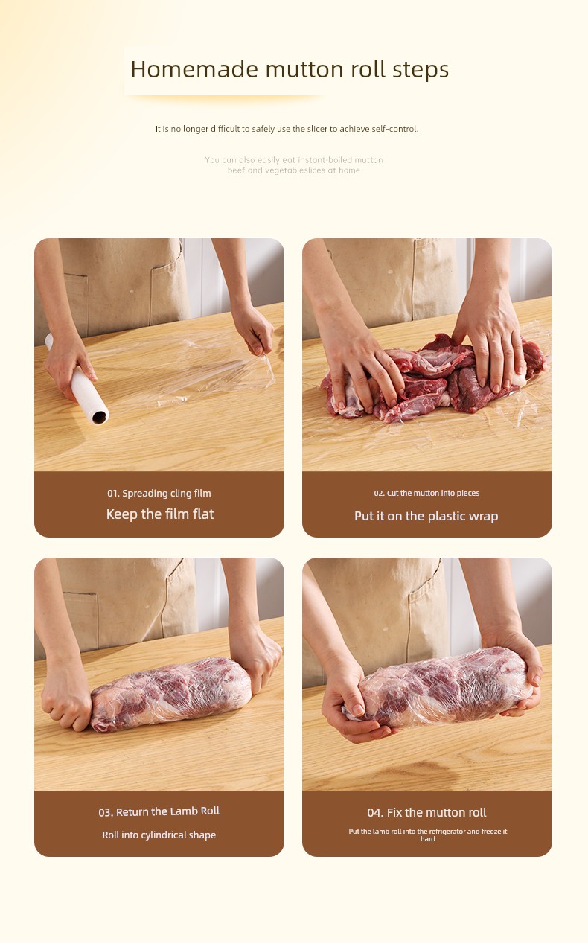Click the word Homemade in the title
coord(194,69)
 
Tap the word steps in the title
coord(421,70)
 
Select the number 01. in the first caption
coord(113,493)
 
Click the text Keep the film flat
coord(160,514)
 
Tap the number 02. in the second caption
coord(379,493)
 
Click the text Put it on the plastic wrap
coord(426,516)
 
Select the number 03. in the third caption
coord(106,812)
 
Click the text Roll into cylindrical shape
coord(159,835)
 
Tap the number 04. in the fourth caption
coord(375,812)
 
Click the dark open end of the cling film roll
coord(100,417)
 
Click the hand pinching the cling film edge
coord(254,331)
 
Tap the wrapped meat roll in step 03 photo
coord(171,694)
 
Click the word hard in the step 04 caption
coord(427,838)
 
